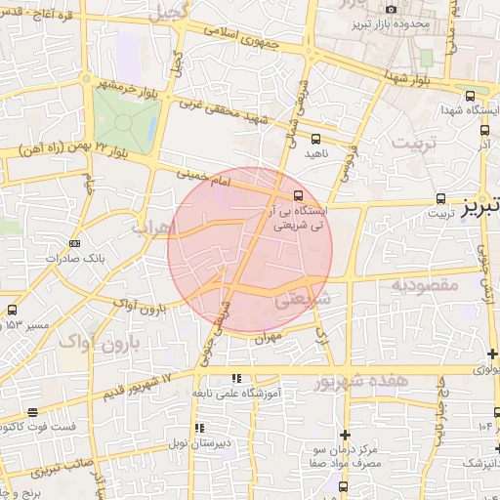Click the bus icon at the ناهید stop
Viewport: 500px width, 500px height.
[314, 138]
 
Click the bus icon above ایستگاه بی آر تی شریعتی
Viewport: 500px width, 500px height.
[298, 193]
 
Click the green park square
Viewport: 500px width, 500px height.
[124, 122]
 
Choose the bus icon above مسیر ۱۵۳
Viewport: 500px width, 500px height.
[12, 310]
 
